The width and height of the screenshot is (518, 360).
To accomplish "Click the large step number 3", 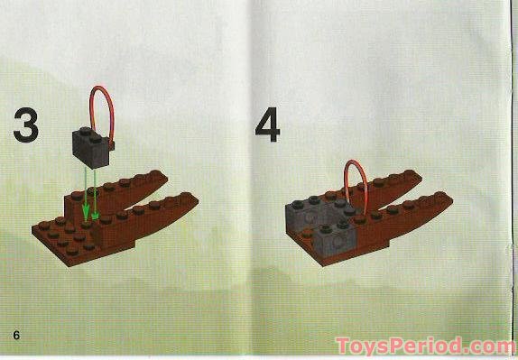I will (x=25, y=126).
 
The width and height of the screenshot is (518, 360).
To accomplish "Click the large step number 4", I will (x=267, y=126).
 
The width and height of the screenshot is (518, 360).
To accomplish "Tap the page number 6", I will (x=16, y=336).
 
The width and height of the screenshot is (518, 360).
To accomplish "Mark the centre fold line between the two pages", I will (x=259, y=180).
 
